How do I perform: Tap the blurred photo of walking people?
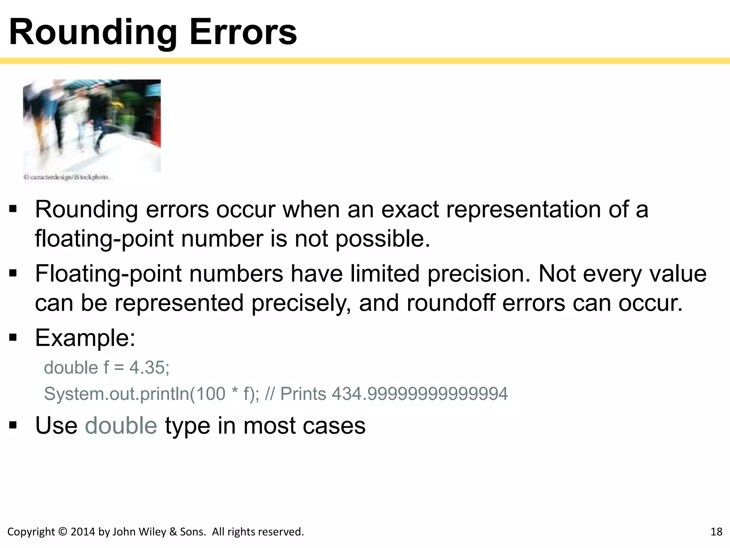pos(92,126)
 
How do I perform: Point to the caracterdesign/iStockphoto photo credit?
pos(67,177)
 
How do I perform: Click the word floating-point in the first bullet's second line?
pos(104,239)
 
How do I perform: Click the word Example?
pos(85,338)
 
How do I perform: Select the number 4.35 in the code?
pos(149,368)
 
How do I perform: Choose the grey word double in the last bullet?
pos(121,426)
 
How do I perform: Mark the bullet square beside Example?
pos(13,338)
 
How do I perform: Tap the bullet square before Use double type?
pos(13,425)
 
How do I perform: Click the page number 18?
pos(716,532)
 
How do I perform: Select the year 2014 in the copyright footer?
pos(83,532)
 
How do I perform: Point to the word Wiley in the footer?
pos(152,532)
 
